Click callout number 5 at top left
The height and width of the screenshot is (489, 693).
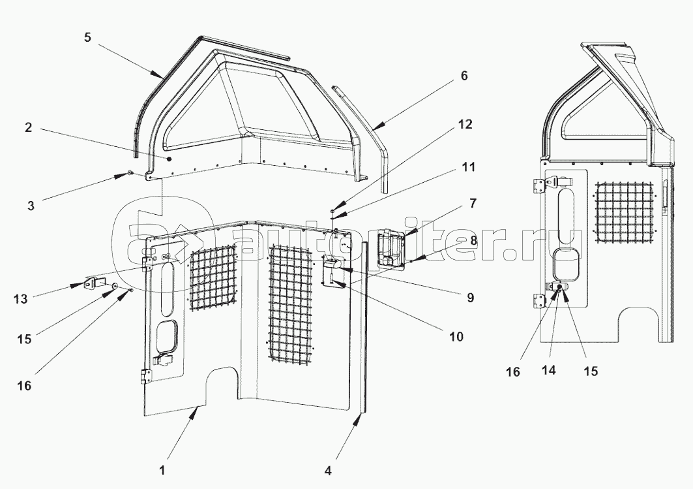[87, 38]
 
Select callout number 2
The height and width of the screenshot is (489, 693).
[29, 128]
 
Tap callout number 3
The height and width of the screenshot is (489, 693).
[31, 206]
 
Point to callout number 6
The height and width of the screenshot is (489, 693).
[464, 76]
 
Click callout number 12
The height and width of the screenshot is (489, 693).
[465, 124]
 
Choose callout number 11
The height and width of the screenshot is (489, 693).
[468, 167]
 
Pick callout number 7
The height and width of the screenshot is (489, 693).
[473, 204]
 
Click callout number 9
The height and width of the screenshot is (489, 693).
[470, 298]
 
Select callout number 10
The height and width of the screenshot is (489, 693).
[456, 337]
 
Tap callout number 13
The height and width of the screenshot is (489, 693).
[20, 299]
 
